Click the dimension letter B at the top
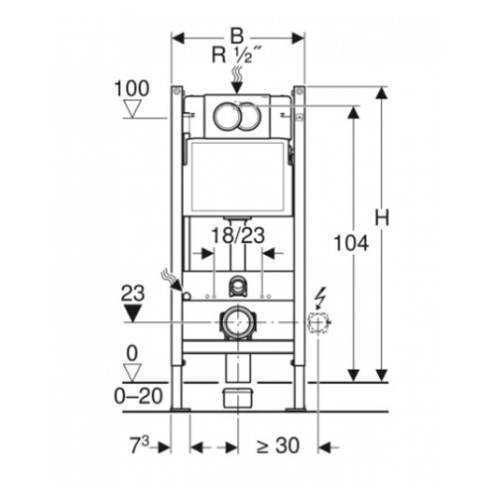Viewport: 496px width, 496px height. click(x=237, y=36)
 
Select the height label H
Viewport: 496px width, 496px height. click(x=382, y=218)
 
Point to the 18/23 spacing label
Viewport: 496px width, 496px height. click(x=238, y=235)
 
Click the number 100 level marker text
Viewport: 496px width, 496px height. click(x=132, y=88)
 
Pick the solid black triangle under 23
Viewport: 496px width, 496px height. click(x=132, y=312)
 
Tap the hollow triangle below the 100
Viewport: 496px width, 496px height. click(x=132, y=109)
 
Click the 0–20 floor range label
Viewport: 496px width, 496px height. click(x=139, y=396)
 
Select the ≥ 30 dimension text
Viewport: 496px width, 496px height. click(x=278, y=445)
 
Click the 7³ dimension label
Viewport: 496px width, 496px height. click(x=139, y=444)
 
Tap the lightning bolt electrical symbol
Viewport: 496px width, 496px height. click(x=320, y=299)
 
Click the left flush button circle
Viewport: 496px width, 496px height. click(x=226, y=116)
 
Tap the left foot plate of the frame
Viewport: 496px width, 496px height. click(x=181, y=410)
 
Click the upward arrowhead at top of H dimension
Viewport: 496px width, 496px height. click(x=382, y=92)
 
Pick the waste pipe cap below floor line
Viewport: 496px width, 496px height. click(x=237, y=398)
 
